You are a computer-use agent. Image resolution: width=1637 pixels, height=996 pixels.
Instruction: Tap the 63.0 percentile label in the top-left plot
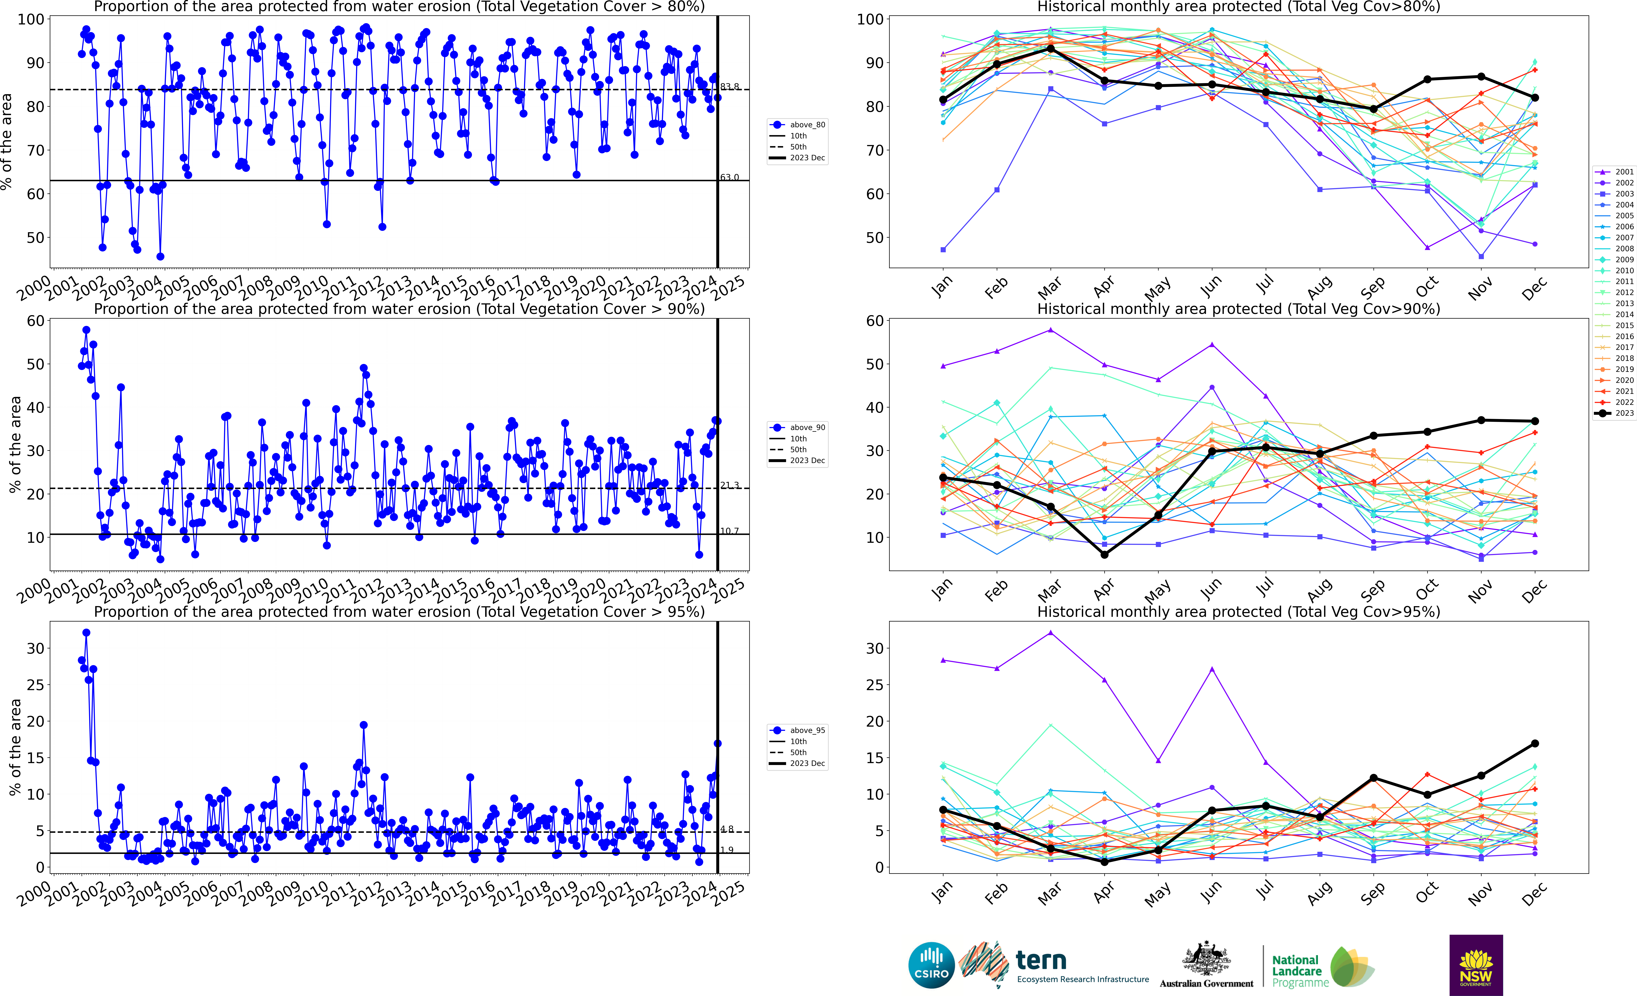tap(730, 177)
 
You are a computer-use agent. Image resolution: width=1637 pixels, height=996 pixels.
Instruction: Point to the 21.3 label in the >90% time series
tap(730, 485)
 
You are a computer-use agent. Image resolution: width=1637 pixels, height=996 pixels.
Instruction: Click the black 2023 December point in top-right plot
tap(1535, 98)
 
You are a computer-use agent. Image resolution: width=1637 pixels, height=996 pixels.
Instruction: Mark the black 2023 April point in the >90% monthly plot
tap(1104, 554)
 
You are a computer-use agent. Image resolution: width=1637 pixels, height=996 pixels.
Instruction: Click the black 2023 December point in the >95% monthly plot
tap(1535, 744)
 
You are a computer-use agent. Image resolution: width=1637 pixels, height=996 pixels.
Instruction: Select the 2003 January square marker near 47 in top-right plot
tap(943, 250)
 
